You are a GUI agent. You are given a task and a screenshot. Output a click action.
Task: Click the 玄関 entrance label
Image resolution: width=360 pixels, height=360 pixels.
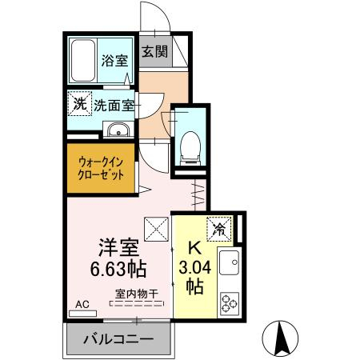tap(154, 51)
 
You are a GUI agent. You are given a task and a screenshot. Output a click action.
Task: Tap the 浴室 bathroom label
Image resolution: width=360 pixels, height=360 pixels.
tap(114, 61)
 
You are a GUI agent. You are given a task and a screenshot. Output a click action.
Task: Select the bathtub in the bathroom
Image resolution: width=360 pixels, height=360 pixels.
tap(83, 61)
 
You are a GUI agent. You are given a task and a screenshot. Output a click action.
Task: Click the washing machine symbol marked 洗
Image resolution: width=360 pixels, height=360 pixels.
tap(79, 103)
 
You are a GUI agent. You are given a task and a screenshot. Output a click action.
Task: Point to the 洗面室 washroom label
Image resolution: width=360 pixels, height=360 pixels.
tap(114, 106)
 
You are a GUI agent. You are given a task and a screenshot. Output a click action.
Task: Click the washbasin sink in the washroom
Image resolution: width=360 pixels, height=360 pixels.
tap(118, 130)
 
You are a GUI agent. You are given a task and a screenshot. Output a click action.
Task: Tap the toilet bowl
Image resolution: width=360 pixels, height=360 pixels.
tap(190, 147)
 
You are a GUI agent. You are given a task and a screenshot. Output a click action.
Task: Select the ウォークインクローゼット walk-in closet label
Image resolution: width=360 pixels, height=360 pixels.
tap(101, 168)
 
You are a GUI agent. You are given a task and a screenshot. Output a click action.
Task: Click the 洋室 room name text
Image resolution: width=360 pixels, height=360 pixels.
tap(118, 247)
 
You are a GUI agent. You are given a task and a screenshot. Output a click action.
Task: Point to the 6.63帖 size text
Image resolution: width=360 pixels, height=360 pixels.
tap(118, 269)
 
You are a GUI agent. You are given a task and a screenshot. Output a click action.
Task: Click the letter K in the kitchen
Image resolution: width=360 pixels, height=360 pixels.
tap(195, 249)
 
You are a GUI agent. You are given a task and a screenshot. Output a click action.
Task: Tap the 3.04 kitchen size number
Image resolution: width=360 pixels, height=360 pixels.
tap(195, 267)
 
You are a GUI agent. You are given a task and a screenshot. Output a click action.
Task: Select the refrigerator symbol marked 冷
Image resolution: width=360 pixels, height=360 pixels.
tap(219, 229)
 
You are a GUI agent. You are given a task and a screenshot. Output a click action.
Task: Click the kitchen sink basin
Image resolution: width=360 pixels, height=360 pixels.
tap(229, 262)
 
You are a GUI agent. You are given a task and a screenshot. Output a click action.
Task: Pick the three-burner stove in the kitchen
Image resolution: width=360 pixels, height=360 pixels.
tap(230, 303)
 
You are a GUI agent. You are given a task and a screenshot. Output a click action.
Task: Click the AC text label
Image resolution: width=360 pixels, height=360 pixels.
tap(82, 305)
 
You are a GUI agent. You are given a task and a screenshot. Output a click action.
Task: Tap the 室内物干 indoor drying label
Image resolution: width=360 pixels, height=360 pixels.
tap(137, 294)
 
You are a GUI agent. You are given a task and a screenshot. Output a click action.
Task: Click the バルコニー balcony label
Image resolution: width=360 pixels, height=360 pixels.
tap(118, 339)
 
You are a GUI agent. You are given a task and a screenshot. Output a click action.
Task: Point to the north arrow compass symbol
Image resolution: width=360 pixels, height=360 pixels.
tap(280, 338)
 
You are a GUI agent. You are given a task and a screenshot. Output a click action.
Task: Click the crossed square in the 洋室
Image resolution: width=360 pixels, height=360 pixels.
tap(157, 229)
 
